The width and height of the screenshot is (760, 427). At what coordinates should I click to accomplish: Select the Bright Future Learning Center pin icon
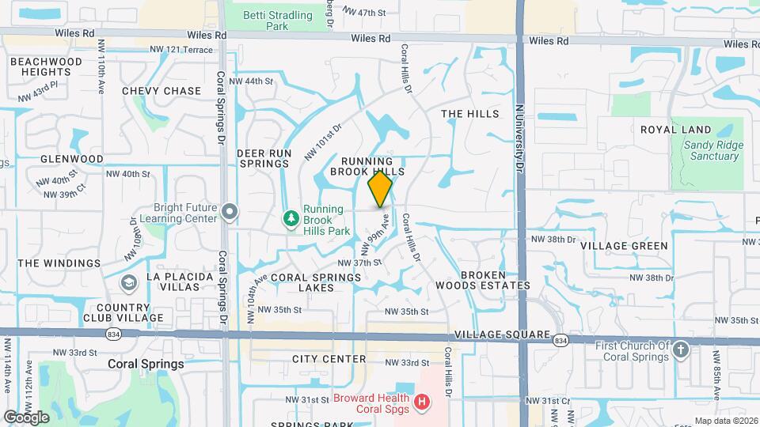230,211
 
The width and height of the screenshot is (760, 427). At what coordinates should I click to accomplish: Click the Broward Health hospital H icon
422,402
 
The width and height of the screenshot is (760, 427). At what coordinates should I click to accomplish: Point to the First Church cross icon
682,351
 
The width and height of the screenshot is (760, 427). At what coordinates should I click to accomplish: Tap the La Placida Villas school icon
128,282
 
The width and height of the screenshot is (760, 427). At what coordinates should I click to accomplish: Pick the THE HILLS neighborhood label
470,114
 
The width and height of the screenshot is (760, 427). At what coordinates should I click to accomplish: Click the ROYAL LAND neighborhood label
676,130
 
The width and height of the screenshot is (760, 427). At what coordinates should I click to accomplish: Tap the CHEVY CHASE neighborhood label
161,91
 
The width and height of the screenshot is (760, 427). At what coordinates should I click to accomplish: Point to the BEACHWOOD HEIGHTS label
47,66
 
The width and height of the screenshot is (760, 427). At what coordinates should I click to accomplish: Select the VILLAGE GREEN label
624,246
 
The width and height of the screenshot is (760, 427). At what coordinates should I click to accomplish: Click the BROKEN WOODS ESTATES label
483,280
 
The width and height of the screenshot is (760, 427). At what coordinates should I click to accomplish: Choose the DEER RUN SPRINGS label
264,158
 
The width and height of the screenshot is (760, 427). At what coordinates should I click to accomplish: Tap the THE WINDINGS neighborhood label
59,263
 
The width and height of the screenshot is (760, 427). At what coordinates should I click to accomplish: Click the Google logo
26,417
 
